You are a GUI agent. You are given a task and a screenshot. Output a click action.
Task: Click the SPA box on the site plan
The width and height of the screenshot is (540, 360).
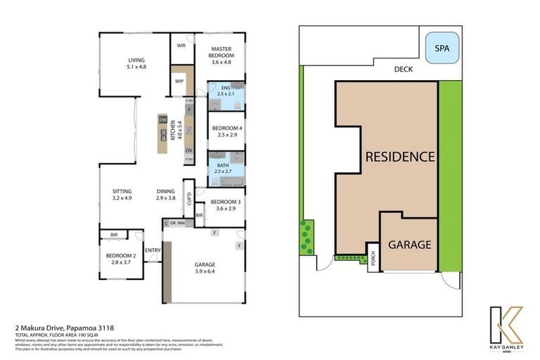click(x=442, y=49)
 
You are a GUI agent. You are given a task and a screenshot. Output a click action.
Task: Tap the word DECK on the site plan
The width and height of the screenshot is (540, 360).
click(x=403, y=70)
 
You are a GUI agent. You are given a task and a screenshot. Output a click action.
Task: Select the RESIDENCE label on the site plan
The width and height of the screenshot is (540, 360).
click(x=400, y=156)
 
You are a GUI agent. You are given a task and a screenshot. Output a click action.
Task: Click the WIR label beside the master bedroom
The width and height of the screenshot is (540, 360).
click(x=181, y=46)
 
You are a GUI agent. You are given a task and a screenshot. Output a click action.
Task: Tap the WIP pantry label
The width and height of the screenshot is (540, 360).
click(x=179, y=81)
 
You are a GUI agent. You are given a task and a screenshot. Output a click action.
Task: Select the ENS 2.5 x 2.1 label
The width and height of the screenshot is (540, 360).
click(x=226, y=91)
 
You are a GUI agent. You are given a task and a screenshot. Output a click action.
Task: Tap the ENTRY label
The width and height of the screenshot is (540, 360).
click(x=153, y=250)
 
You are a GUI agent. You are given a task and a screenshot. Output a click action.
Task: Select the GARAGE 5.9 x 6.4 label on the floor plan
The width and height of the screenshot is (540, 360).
click(x=205, y=268)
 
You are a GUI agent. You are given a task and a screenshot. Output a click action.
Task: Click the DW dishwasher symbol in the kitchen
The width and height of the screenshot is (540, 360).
click(x=162, y=120)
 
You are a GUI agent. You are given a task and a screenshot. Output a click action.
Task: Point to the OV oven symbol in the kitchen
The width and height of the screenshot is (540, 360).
click(x=188, y=150)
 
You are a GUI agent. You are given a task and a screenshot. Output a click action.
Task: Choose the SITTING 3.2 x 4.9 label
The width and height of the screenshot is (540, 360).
click(x=123, y=194)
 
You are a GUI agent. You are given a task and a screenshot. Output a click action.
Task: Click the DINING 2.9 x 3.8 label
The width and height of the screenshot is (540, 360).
click(x=166, y=194)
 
